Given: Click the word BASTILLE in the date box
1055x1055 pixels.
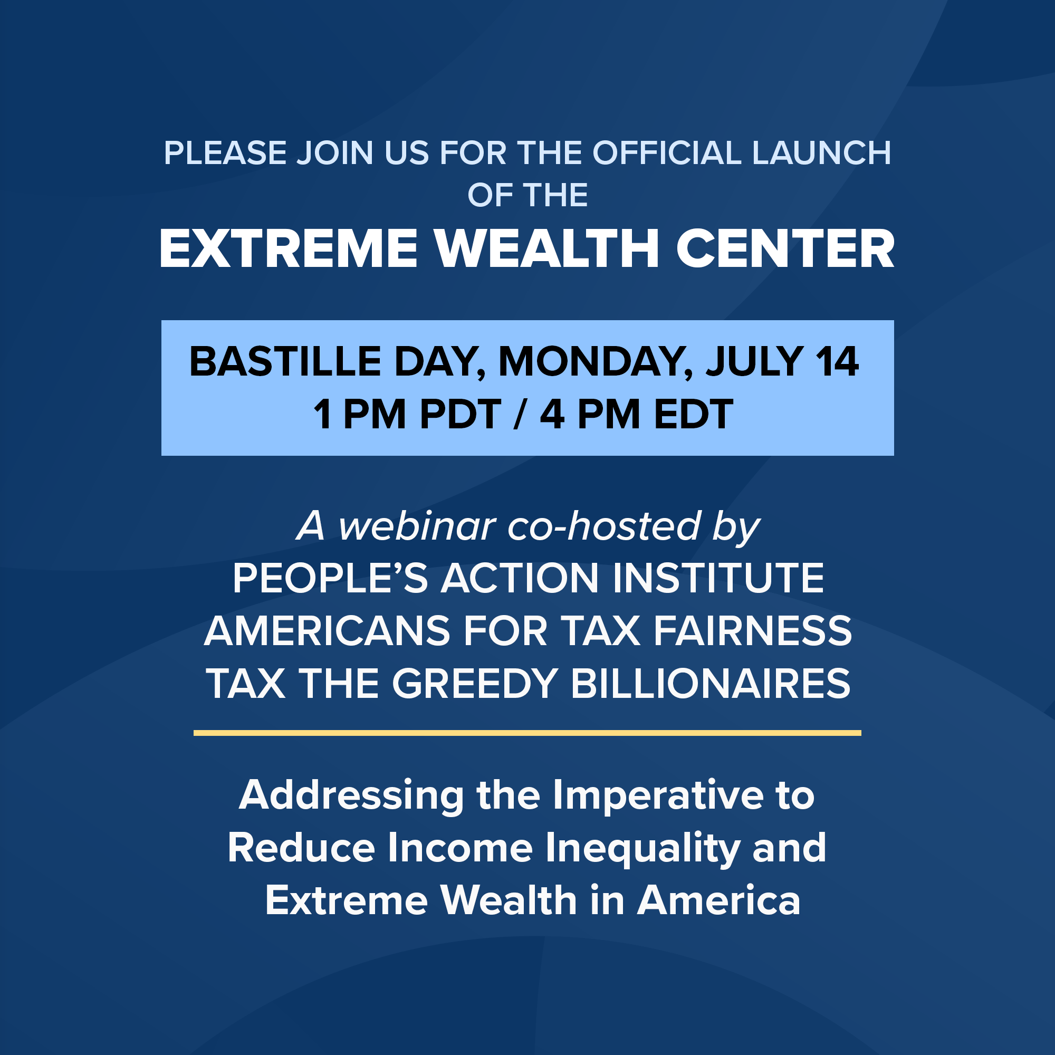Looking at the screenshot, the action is [285, 361].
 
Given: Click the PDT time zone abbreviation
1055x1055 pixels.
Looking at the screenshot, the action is [461, 414].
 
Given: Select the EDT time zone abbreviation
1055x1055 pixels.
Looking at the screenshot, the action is [694, 414].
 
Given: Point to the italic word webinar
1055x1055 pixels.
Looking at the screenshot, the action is [417, 526].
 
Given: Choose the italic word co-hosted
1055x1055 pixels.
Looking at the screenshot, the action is [603, 526].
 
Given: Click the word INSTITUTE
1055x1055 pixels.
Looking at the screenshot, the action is [718, 578].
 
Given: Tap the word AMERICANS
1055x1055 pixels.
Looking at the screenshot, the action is [327, 631].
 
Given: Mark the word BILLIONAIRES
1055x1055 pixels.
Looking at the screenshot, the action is [711, 683].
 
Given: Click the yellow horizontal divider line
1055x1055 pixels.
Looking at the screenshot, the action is [527, 733].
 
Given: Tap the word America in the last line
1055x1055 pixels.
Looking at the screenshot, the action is [718, 900].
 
